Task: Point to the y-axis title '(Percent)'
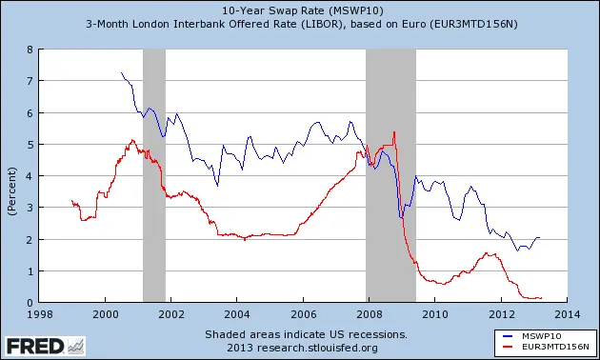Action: (10, 176)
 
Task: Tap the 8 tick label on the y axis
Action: (30, 50)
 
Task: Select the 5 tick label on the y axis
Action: (30, 145)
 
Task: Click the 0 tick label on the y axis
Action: (30, 303)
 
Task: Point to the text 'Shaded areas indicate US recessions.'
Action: (306, 334)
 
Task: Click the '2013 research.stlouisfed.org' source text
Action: (306, 347)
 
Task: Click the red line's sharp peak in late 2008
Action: (394, 132)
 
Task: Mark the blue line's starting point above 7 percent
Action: (121, 72)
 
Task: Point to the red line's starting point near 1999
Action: (72, 201)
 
